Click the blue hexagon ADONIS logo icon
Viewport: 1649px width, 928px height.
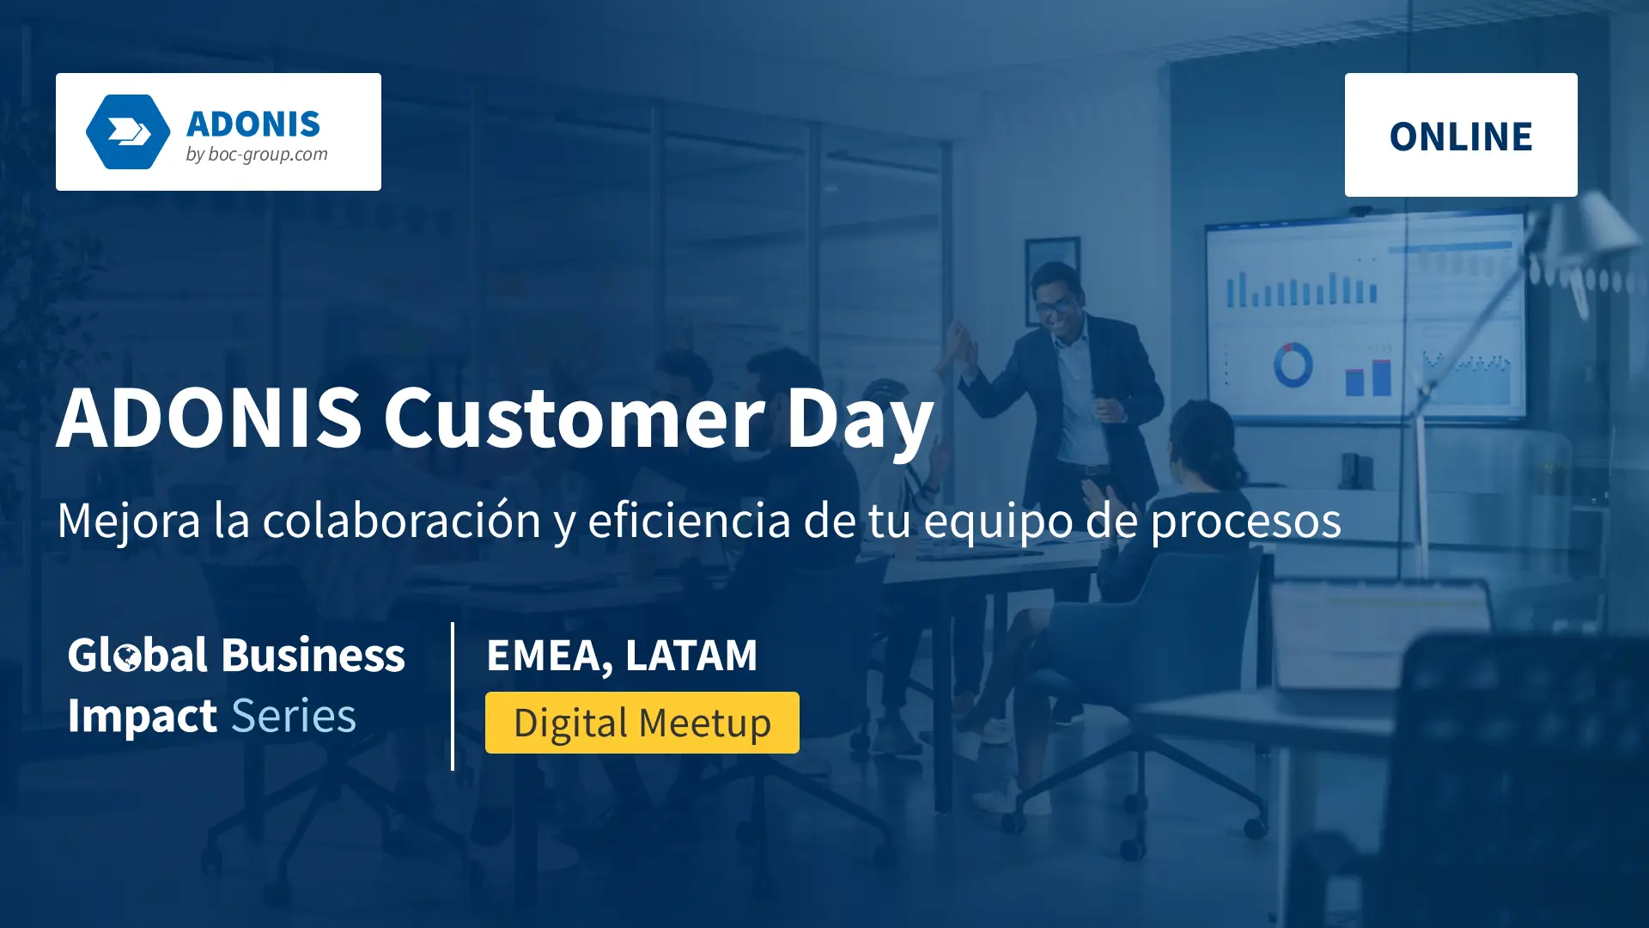tap(128, 131)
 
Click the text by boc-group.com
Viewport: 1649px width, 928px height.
tap(257, 155)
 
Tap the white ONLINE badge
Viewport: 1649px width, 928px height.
tap(1460, 135)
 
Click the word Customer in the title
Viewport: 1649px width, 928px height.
tap(573, 418)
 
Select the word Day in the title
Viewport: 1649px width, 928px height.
tap(860, 421)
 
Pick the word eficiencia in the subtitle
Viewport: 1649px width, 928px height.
tap(689, 520)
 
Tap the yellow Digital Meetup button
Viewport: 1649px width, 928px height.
tap(642, 723)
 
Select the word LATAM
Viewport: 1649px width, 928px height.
tap(691, 656)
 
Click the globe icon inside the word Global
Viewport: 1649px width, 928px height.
tap(128, 658)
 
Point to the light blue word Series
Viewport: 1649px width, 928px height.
tap(294, 716)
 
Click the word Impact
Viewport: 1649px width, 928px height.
tap(142, 717)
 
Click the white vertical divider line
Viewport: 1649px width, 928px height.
tap(453, 696)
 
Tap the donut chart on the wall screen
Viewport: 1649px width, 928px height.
tap(1292, 364)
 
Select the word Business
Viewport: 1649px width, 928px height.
tap(313, 656)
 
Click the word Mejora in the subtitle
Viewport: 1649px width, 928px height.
tap(129, 521)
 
